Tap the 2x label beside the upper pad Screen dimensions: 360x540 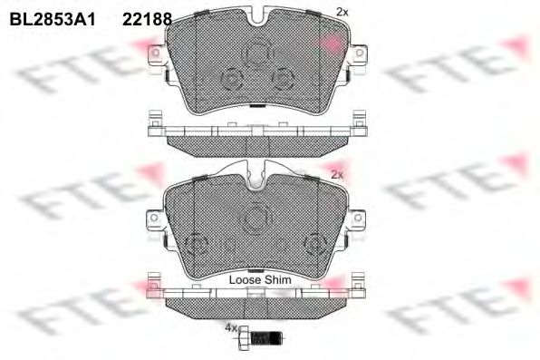point(341,12)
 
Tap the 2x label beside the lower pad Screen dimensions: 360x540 point(337,173)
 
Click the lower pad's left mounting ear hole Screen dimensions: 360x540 point(153,219)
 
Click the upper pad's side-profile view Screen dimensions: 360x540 point(255,131)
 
